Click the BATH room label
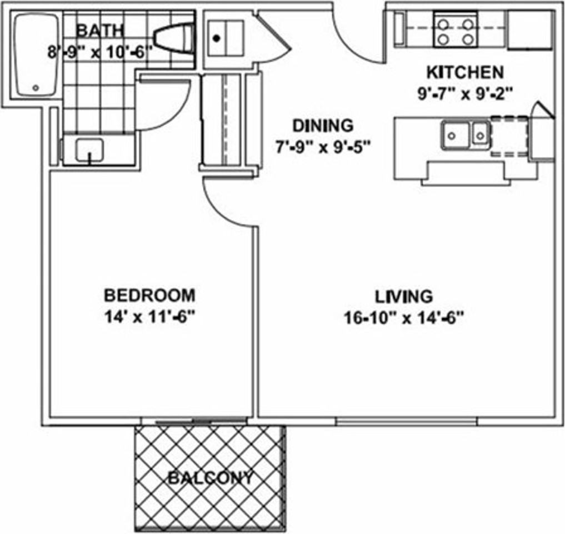pos(101,30)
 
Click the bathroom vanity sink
pos(89,150)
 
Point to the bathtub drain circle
pos(36,88)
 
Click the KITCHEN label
pos(465,72)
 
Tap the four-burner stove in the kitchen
pos(456,30)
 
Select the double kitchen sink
pos(466,136)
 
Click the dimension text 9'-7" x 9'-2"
pos(465,94)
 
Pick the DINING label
pos(323,126)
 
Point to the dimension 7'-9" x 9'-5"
pos(323,147)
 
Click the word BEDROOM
pos(149,295)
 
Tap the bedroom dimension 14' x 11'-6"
pos(149,318)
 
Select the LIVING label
pos(404,296)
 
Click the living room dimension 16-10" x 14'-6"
pos(404,318)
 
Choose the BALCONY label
pos(211,478)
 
